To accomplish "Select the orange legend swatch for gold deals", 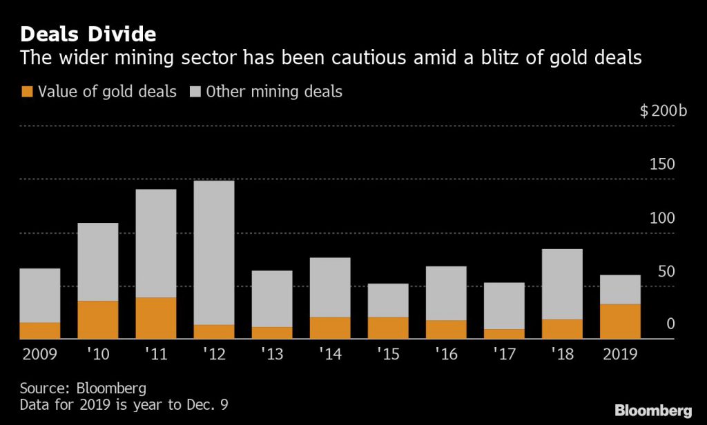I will [28, 91].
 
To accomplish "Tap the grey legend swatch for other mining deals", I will [194, 91].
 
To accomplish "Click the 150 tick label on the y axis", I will [664, 165].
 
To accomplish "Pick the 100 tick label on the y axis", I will [664, 218].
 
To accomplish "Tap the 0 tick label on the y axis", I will [670, 324].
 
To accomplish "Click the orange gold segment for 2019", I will [620, 322].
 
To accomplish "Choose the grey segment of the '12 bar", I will [214, 253].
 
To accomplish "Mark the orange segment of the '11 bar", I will [156, 318].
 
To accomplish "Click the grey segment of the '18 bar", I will [562, 284].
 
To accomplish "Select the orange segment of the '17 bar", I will [504, 334].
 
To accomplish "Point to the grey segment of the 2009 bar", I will [40, 295].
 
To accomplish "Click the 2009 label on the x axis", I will [40, 355].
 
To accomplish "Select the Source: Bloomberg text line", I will [83, 387].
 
